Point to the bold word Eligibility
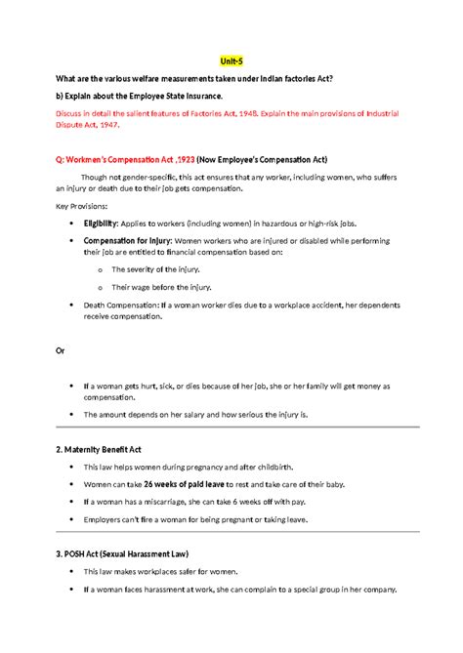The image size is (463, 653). (105, 224)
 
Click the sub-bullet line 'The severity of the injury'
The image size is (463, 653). (159, 268)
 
